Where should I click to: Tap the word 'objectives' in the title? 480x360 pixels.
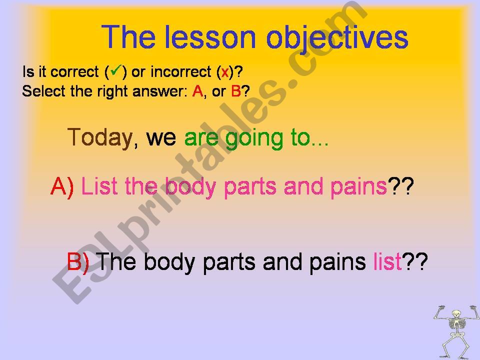337,38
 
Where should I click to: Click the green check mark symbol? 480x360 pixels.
115,70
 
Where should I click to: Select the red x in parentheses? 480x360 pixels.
225,72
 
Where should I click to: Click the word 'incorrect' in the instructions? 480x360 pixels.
180,72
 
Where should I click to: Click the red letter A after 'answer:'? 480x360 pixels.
198,91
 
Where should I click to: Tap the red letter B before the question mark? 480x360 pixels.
236,91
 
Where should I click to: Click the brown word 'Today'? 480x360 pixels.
100,138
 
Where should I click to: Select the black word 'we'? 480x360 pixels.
161,138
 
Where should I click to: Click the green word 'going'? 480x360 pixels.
254,139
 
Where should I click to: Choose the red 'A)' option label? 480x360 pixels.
62,186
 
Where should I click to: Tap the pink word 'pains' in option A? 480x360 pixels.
358,187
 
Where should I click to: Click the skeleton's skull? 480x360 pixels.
456,314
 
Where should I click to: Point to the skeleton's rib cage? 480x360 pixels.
456,325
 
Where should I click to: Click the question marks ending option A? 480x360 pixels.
400,186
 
